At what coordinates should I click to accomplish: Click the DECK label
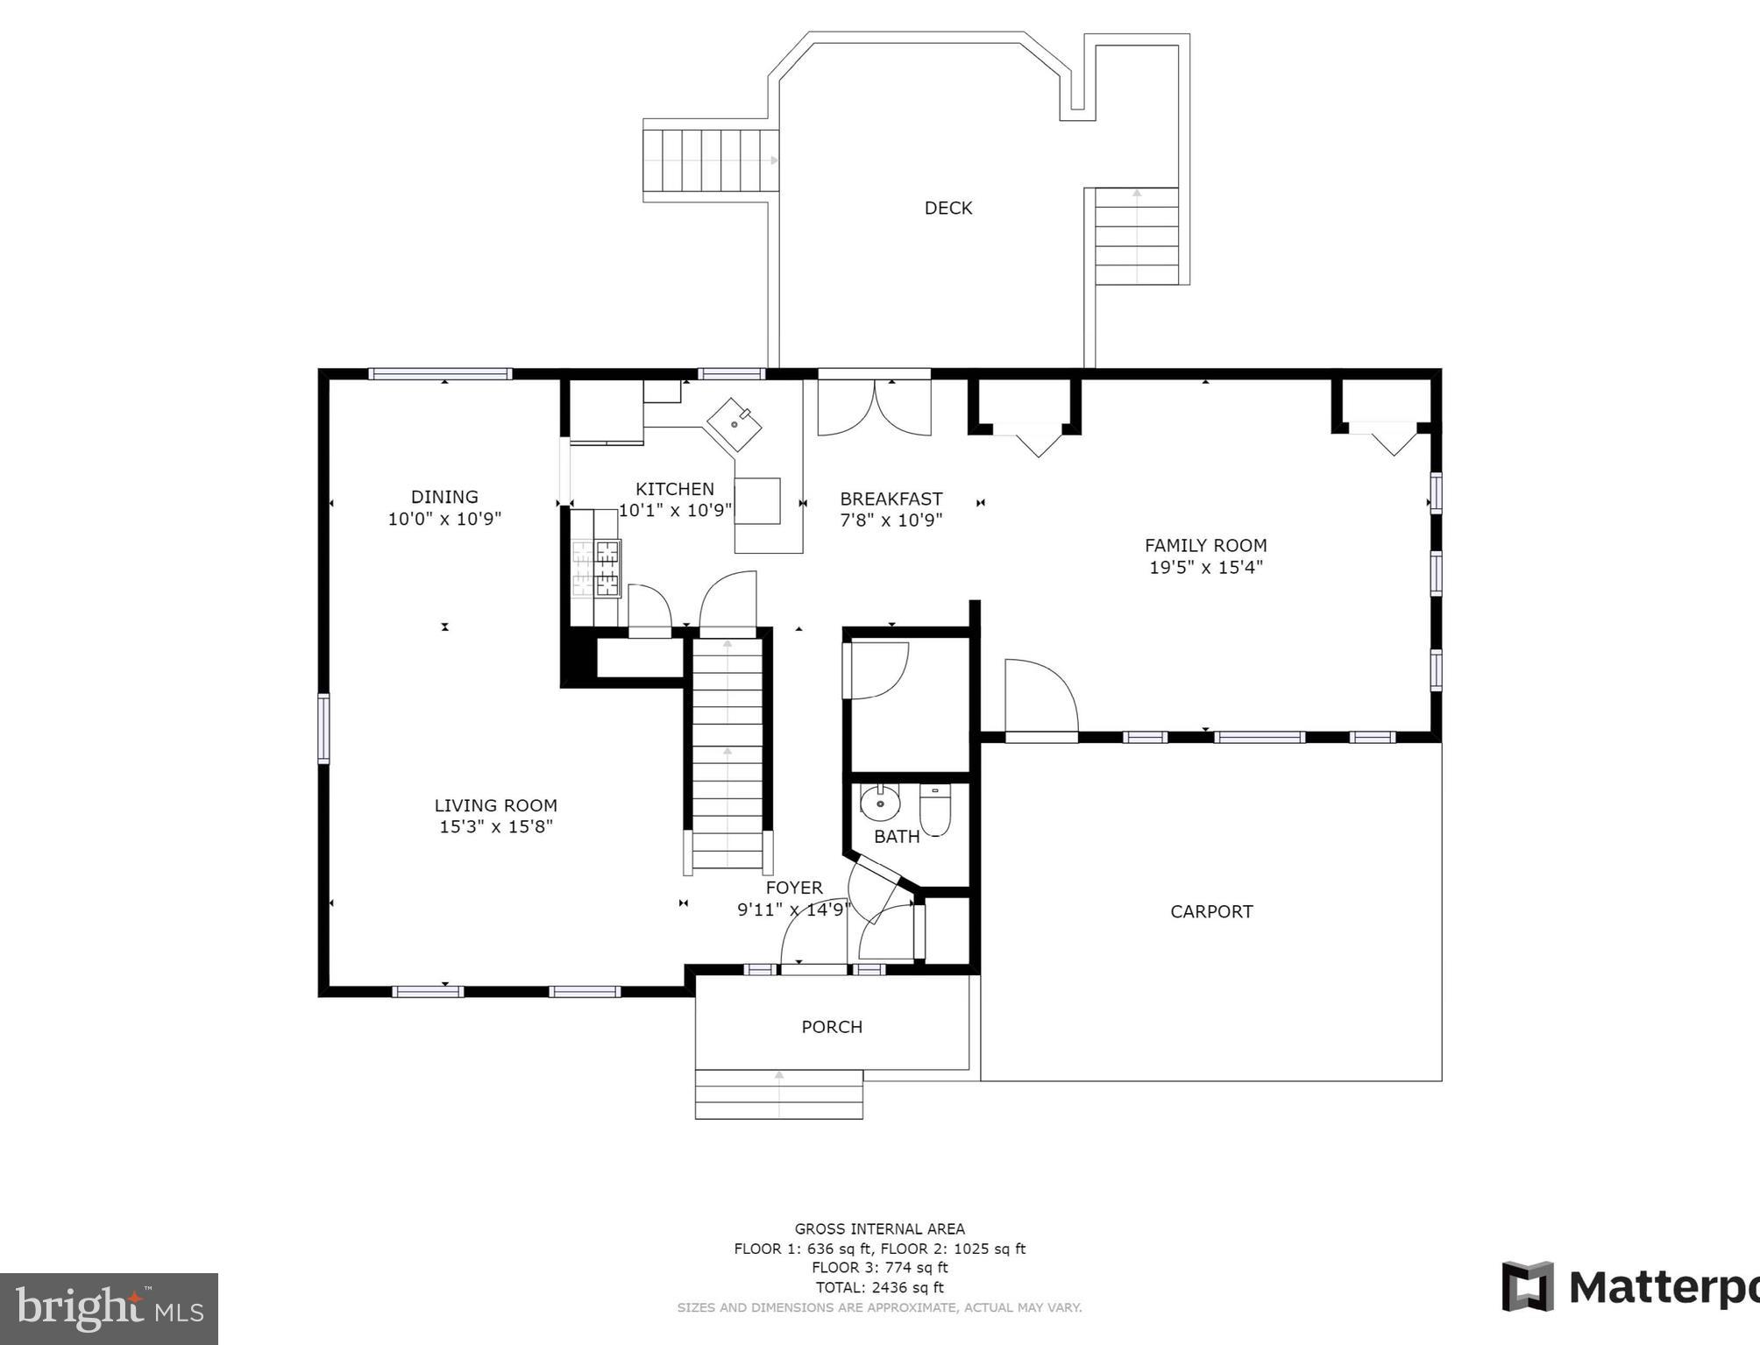click(947, 208)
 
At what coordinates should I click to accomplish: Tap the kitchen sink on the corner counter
click(734, 425)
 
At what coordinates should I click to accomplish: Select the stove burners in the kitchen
click(596, 568)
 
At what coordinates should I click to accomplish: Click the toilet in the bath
click(934, 809)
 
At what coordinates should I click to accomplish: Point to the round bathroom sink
click(879, 802)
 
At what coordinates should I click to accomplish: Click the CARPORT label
click(1211, 911)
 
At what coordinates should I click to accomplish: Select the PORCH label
click(832, 1026)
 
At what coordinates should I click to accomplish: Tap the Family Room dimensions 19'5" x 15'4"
click(1205, 567)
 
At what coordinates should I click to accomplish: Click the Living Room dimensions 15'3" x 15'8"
click(495, 826)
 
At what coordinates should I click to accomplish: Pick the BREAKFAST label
click(891, 499)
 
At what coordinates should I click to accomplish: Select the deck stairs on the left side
click(710, 160)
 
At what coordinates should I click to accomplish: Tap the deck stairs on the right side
click(1136, 237)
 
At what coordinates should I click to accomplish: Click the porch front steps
click(778, 1094)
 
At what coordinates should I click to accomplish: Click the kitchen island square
click(757, 500)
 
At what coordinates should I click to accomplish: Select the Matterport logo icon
click(1528, 1286)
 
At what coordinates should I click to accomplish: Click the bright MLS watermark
click(109, 1309)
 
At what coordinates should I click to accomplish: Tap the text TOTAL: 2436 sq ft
click(879, 1287)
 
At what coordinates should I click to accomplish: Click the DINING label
click(444, 497)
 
